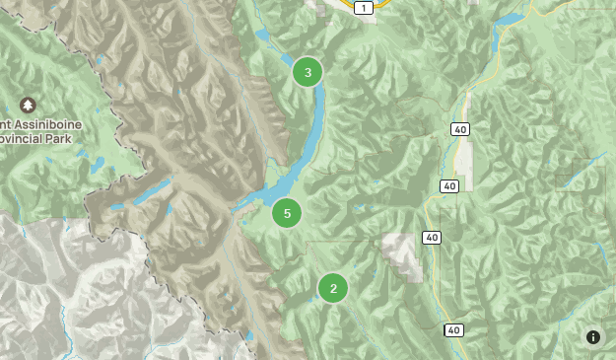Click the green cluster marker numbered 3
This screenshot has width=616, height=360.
point(308,72)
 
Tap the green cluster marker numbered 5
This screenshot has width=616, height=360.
point(287,212)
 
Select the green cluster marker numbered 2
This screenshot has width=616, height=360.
point(333,288)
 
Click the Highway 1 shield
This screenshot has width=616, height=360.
point(364,8)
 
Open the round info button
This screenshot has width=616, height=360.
point(593,337)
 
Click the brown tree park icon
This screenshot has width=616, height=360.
point(27,105)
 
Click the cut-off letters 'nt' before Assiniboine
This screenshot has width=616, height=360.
point(4,123)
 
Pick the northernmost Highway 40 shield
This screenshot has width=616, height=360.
point(460,129)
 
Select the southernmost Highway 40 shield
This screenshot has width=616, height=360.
point(452,329)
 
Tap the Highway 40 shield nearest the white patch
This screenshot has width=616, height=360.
point(431,238)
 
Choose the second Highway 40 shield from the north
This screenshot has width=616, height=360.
point(449,185)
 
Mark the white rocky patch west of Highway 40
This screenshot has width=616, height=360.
point(403,251)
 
